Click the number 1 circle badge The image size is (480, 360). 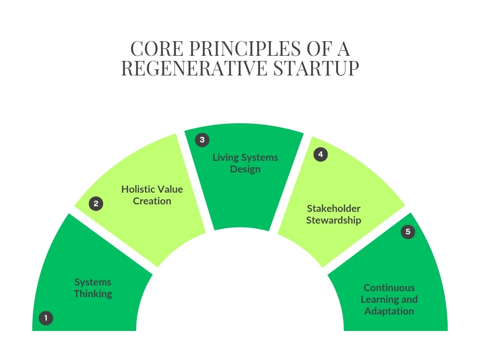tap(46, 318)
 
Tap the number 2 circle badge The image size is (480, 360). tap(96, 203)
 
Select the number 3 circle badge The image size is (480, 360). tap(202, 140)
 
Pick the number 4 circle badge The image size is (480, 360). tap(321, 154)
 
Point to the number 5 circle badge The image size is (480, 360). tap(408, 232)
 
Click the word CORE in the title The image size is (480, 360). tap(157, 49)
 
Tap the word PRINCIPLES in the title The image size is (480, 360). tap(245, 49)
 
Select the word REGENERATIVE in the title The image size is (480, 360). tap(195, 68)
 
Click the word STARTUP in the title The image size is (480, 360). tap(316, 68)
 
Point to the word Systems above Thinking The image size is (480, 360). tap(93, 282)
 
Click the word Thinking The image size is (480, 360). tap(93, 294)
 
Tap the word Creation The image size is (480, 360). tap(152, 201)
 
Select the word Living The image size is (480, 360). tap(225, 157)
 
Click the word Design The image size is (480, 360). tap(245, 169)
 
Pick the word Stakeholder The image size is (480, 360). tap(333, 209)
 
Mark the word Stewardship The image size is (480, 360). tap(333, 220)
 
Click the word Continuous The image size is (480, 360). tap(389, 288)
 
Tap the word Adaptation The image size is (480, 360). tap(389, 311)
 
